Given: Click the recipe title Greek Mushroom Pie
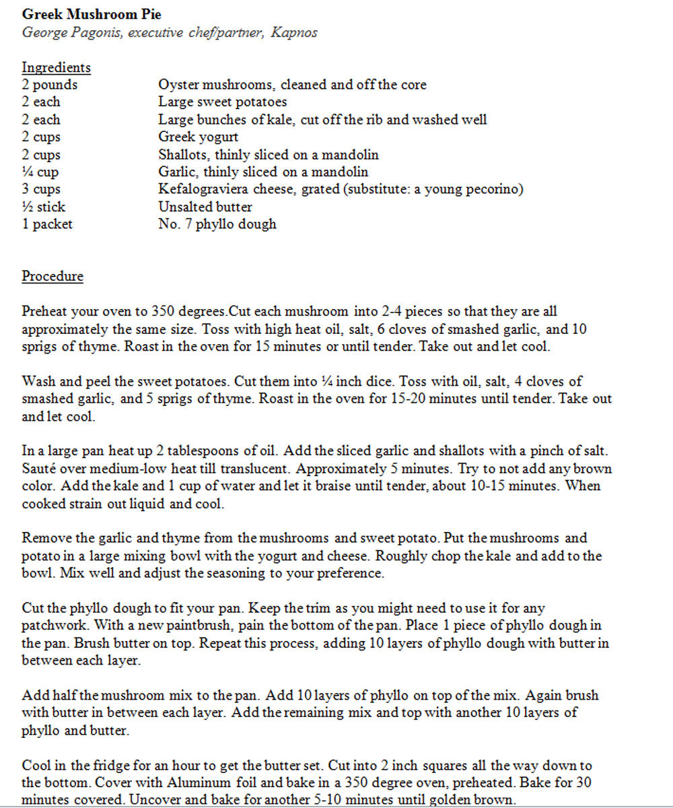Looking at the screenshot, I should [x=92, y=14].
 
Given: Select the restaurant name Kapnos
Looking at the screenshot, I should [x=293, y=32].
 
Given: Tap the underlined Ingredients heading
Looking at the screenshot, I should [x=56, y=67].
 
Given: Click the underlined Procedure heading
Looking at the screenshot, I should [x=52, y=277].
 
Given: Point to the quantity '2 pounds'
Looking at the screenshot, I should [x=49, y=85].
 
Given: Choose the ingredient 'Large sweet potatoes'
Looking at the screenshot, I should [x=222, y=102].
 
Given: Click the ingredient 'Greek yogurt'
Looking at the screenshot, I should [x=198, y=137].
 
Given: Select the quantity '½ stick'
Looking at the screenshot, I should [x=44, y=207].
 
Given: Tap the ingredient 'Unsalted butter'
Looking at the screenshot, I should [x=205, y=207].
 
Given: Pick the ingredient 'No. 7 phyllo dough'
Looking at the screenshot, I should [x=217, y=224].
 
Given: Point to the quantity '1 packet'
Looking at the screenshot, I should [x=47, y=224].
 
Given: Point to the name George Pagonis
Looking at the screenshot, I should [x=68, y=32].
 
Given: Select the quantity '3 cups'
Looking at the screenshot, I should [x=41, y=189].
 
